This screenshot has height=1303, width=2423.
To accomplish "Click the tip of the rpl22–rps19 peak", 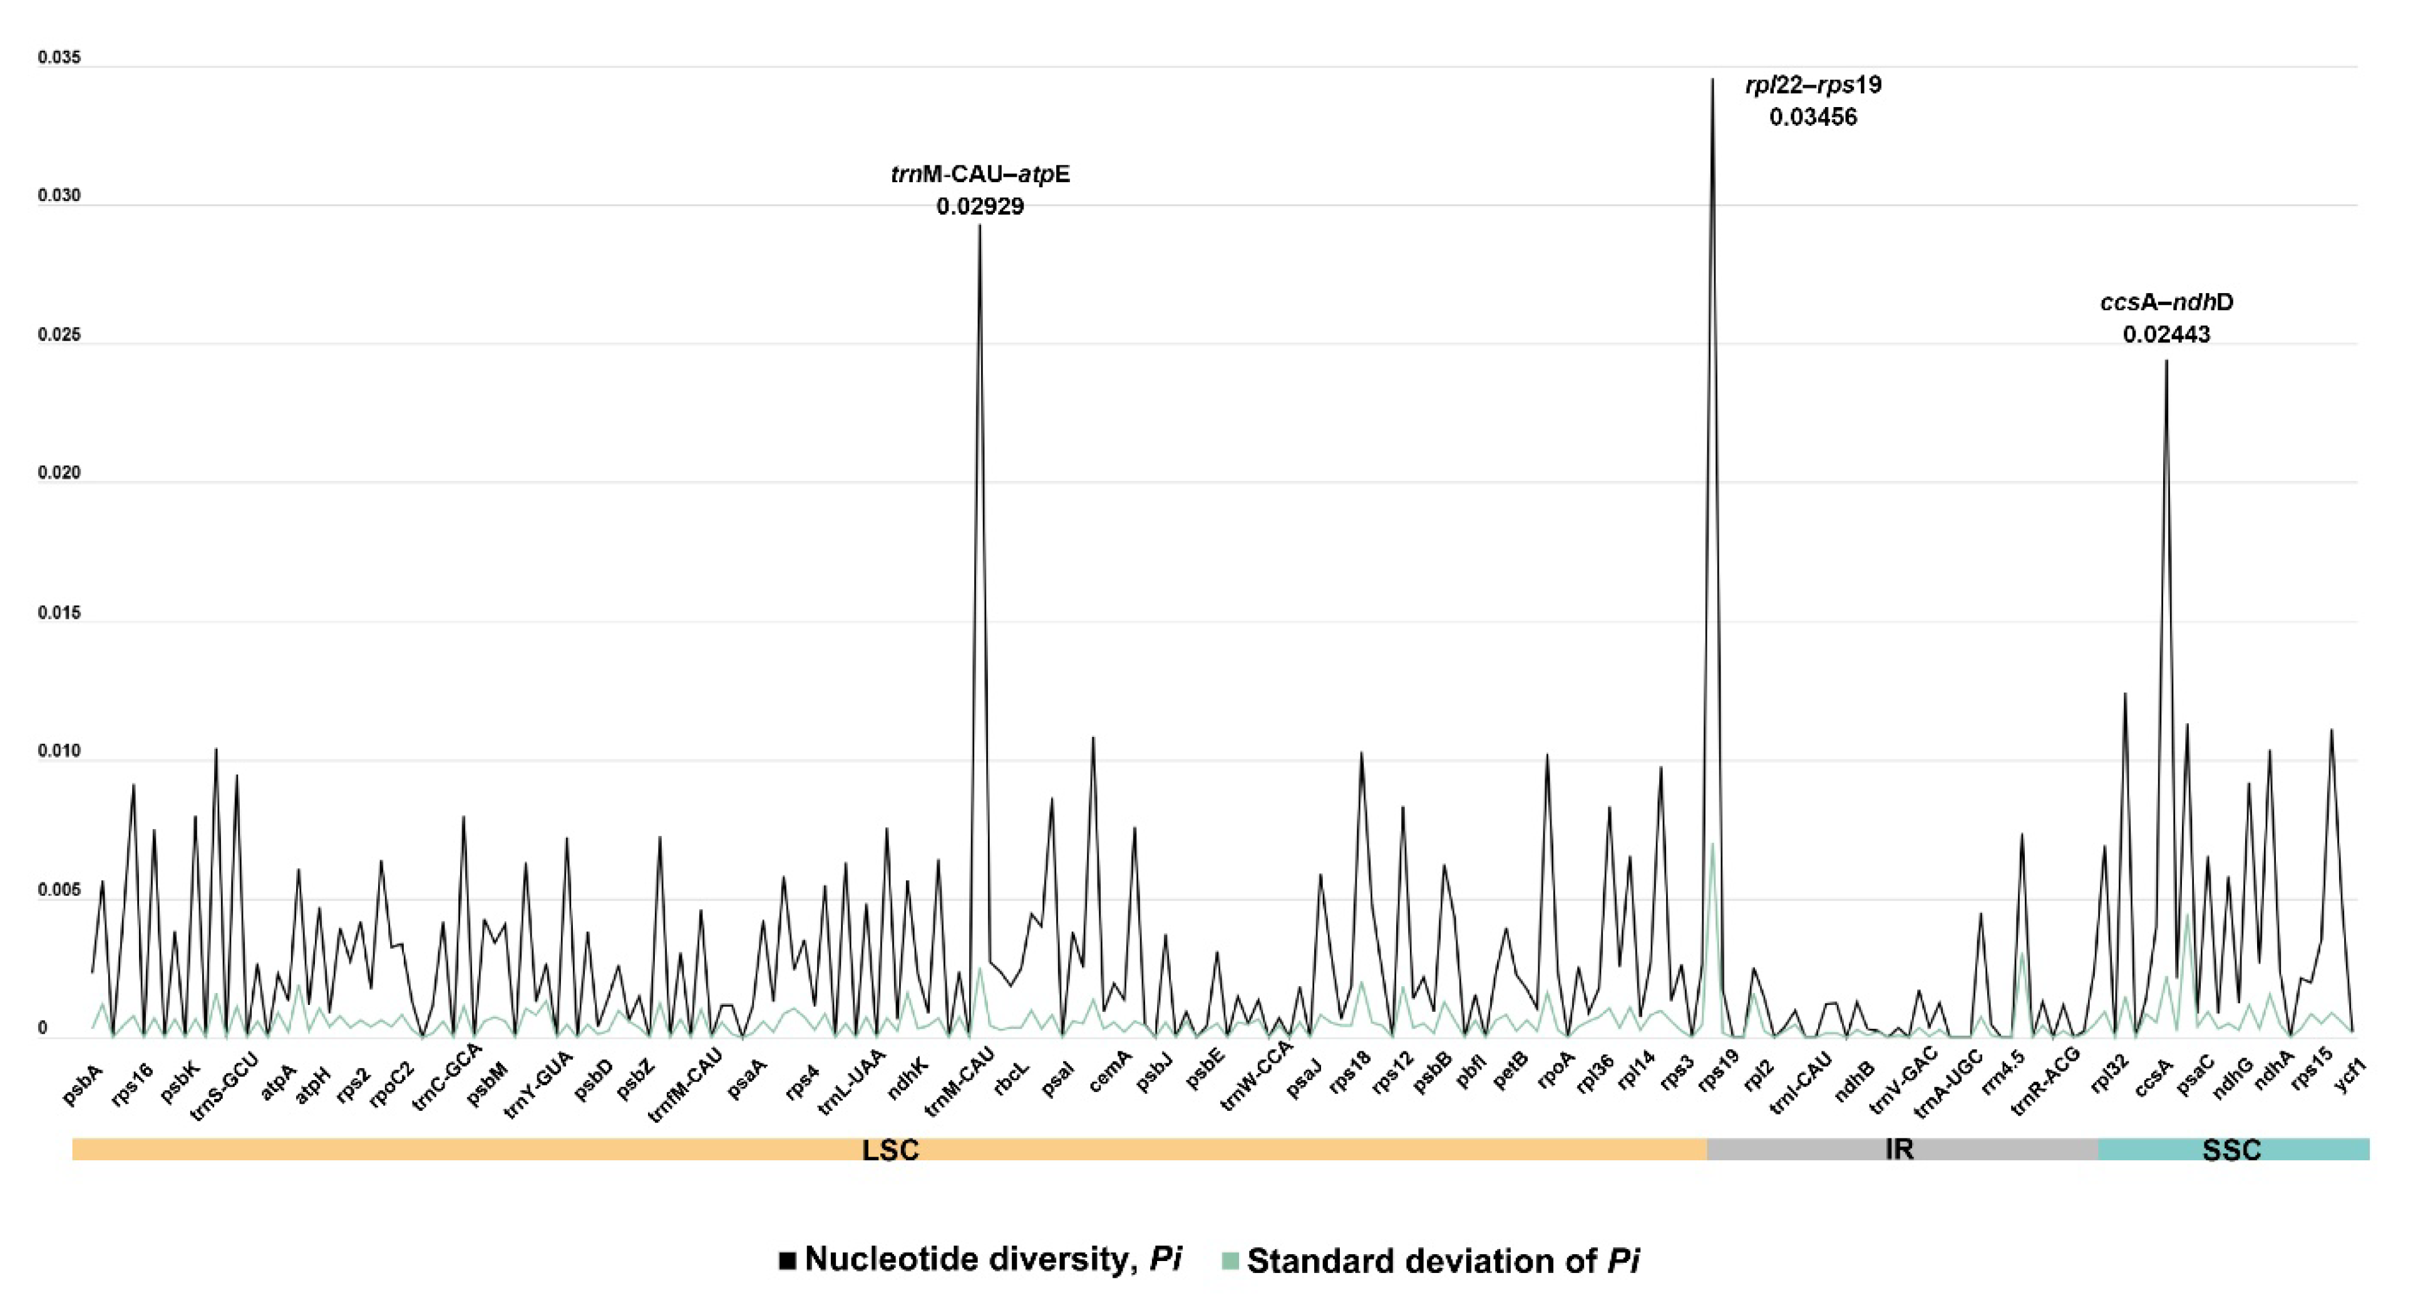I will [x=1712, y=80].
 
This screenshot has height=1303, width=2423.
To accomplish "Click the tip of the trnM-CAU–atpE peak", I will [x=980, y=227].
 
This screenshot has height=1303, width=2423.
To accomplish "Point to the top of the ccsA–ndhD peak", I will [x=2166, y=361].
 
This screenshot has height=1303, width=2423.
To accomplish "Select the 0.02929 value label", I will [x=980, y=206].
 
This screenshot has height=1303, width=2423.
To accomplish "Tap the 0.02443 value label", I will [x=2166, y=334].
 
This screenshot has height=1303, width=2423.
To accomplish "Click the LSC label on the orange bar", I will [x=890, y=1149].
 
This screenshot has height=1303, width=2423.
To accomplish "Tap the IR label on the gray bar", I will [x=1899, y=1149].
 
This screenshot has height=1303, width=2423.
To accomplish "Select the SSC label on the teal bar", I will [x=2231, y=1149].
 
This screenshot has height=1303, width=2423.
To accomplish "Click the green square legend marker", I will [x=1230, y=1260].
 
